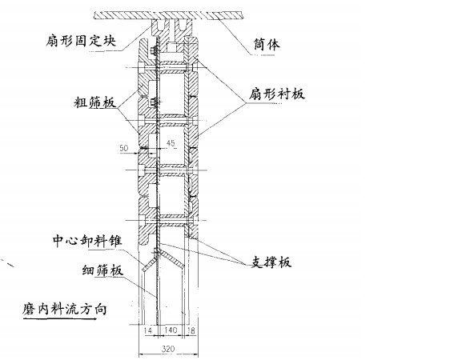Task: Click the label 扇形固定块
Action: click(81, 41)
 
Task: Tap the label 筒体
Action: click(267, 44)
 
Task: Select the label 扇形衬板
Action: click(277, 94)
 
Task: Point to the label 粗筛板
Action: click(94, 102)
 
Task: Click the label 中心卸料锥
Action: click(87, 241)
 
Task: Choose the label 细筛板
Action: click(102, 270)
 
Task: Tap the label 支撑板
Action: click(271, 262)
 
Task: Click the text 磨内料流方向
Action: click(65, 310)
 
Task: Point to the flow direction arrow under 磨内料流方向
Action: click(60, 319)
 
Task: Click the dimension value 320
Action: click(168, 349)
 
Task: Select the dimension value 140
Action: click(171, 330)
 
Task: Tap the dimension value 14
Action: click(148, 330)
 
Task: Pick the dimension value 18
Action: click(191, 330)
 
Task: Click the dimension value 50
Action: click(123, 148)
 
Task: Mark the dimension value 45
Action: click(171, 143)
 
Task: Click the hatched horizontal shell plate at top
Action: click(168, 15)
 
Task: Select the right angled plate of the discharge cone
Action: click(175, 259)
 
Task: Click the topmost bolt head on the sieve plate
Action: click(154, 50)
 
